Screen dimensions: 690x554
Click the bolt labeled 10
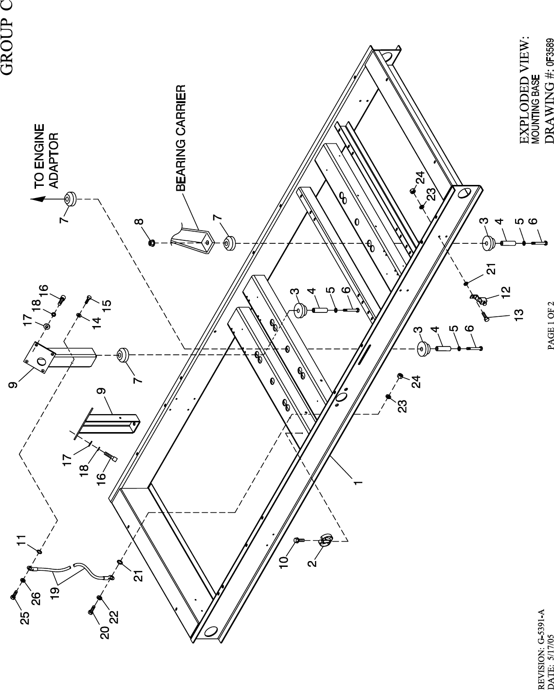[x=300, y=540]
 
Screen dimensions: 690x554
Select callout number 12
[x=506, y=291]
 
